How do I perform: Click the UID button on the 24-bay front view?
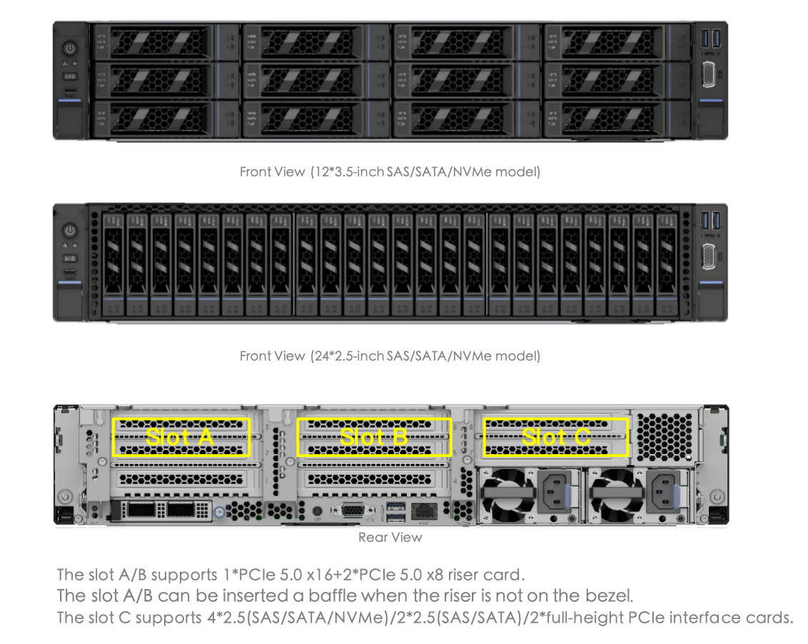point(70,257)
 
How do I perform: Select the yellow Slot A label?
point(181,437)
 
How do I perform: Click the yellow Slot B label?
point(374,437)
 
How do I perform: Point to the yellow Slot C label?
point(556,437)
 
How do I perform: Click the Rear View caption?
point(390,538)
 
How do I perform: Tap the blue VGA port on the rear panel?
point(351,510)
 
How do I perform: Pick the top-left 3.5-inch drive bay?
point(163,43)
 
